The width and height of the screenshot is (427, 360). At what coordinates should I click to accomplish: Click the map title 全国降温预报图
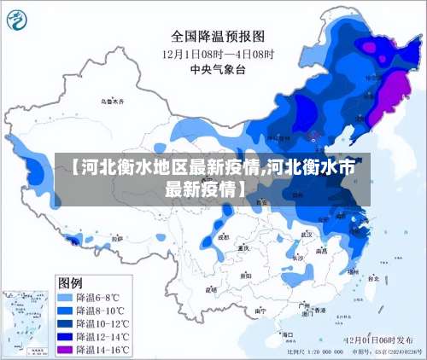218,36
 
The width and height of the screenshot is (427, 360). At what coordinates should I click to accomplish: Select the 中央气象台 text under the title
218,68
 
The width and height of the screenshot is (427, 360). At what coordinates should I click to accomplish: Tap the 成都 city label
223,238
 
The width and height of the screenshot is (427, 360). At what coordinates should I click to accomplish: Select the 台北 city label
368,278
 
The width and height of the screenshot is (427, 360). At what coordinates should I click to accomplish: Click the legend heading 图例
70,282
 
